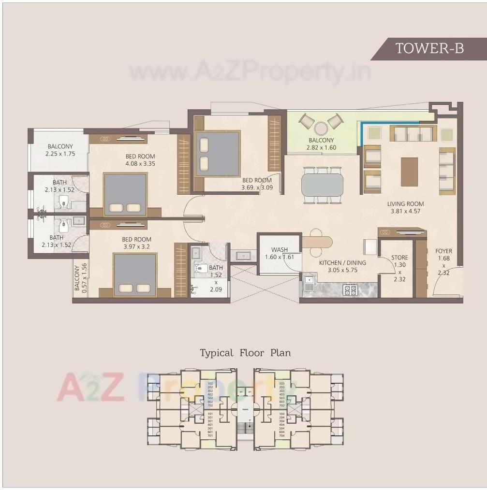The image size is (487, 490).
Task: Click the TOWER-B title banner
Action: [x=429, y=48]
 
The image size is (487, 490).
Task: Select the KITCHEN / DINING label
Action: [x=342, y=263]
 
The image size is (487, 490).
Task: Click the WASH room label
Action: [x=280, y=250]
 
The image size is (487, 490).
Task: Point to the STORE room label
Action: [x=399, y=258]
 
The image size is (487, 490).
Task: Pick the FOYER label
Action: [x=443, y=251]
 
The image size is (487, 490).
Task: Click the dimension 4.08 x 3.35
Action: [x=140, y=164]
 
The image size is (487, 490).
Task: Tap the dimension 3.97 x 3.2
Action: [x=137, y=247]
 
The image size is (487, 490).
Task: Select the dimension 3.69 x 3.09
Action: [x=257, y=187]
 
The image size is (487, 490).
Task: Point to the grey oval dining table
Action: [x=322, y=185]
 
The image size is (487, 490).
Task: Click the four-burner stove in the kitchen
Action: [x=350, y=290]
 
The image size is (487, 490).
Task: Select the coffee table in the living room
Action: [x=409, y=172]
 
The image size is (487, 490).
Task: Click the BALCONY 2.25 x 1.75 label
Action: [x=60, y=150]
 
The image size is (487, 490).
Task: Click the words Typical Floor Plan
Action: [x=245, y=353]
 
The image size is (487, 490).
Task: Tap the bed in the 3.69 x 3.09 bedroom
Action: [x=217, y=153]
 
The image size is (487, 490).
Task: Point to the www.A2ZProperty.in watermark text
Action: [x=250, y=72]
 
